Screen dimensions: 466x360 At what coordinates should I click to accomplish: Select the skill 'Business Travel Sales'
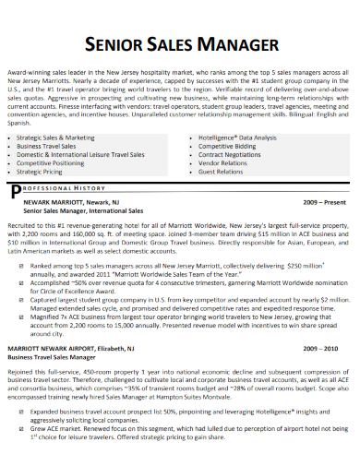47,145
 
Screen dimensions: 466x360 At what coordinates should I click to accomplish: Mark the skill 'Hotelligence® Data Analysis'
237,137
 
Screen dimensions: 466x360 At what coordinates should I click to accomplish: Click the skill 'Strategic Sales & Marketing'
54,137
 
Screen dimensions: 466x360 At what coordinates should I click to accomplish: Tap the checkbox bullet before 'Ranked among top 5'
19,265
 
